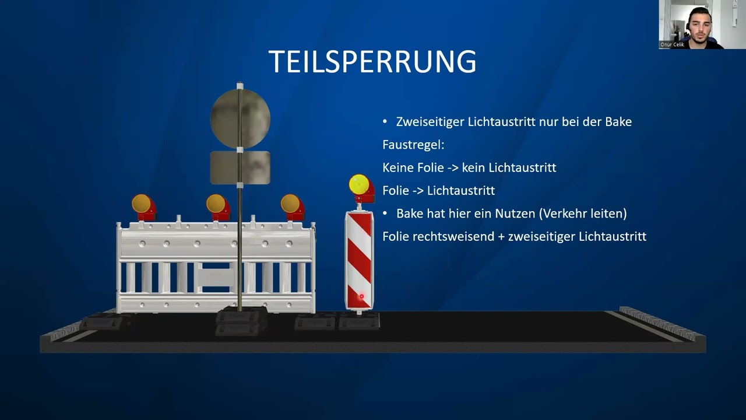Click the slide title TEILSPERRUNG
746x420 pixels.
(x=372, y=61)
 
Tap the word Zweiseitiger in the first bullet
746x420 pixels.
(x=430, y=122)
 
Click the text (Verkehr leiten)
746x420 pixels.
(x=583, y=213)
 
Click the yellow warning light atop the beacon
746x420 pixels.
(x=358, y=185)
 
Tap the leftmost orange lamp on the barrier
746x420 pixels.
(x=142, y=204)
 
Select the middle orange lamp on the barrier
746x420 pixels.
(x=216, y=204)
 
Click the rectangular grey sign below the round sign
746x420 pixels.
(x=240, y=167)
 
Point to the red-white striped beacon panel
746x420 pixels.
(x=358, y=260)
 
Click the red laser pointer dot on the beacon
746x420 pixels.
(x=361, y=296)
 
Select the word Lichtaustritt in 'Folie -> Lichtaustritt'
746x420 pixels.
(x=461, y=191)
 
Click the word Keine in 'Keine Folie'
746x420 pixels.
(x=398, y=168)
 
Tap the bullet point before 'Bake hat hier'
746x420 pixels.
(x=385, y=213)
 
